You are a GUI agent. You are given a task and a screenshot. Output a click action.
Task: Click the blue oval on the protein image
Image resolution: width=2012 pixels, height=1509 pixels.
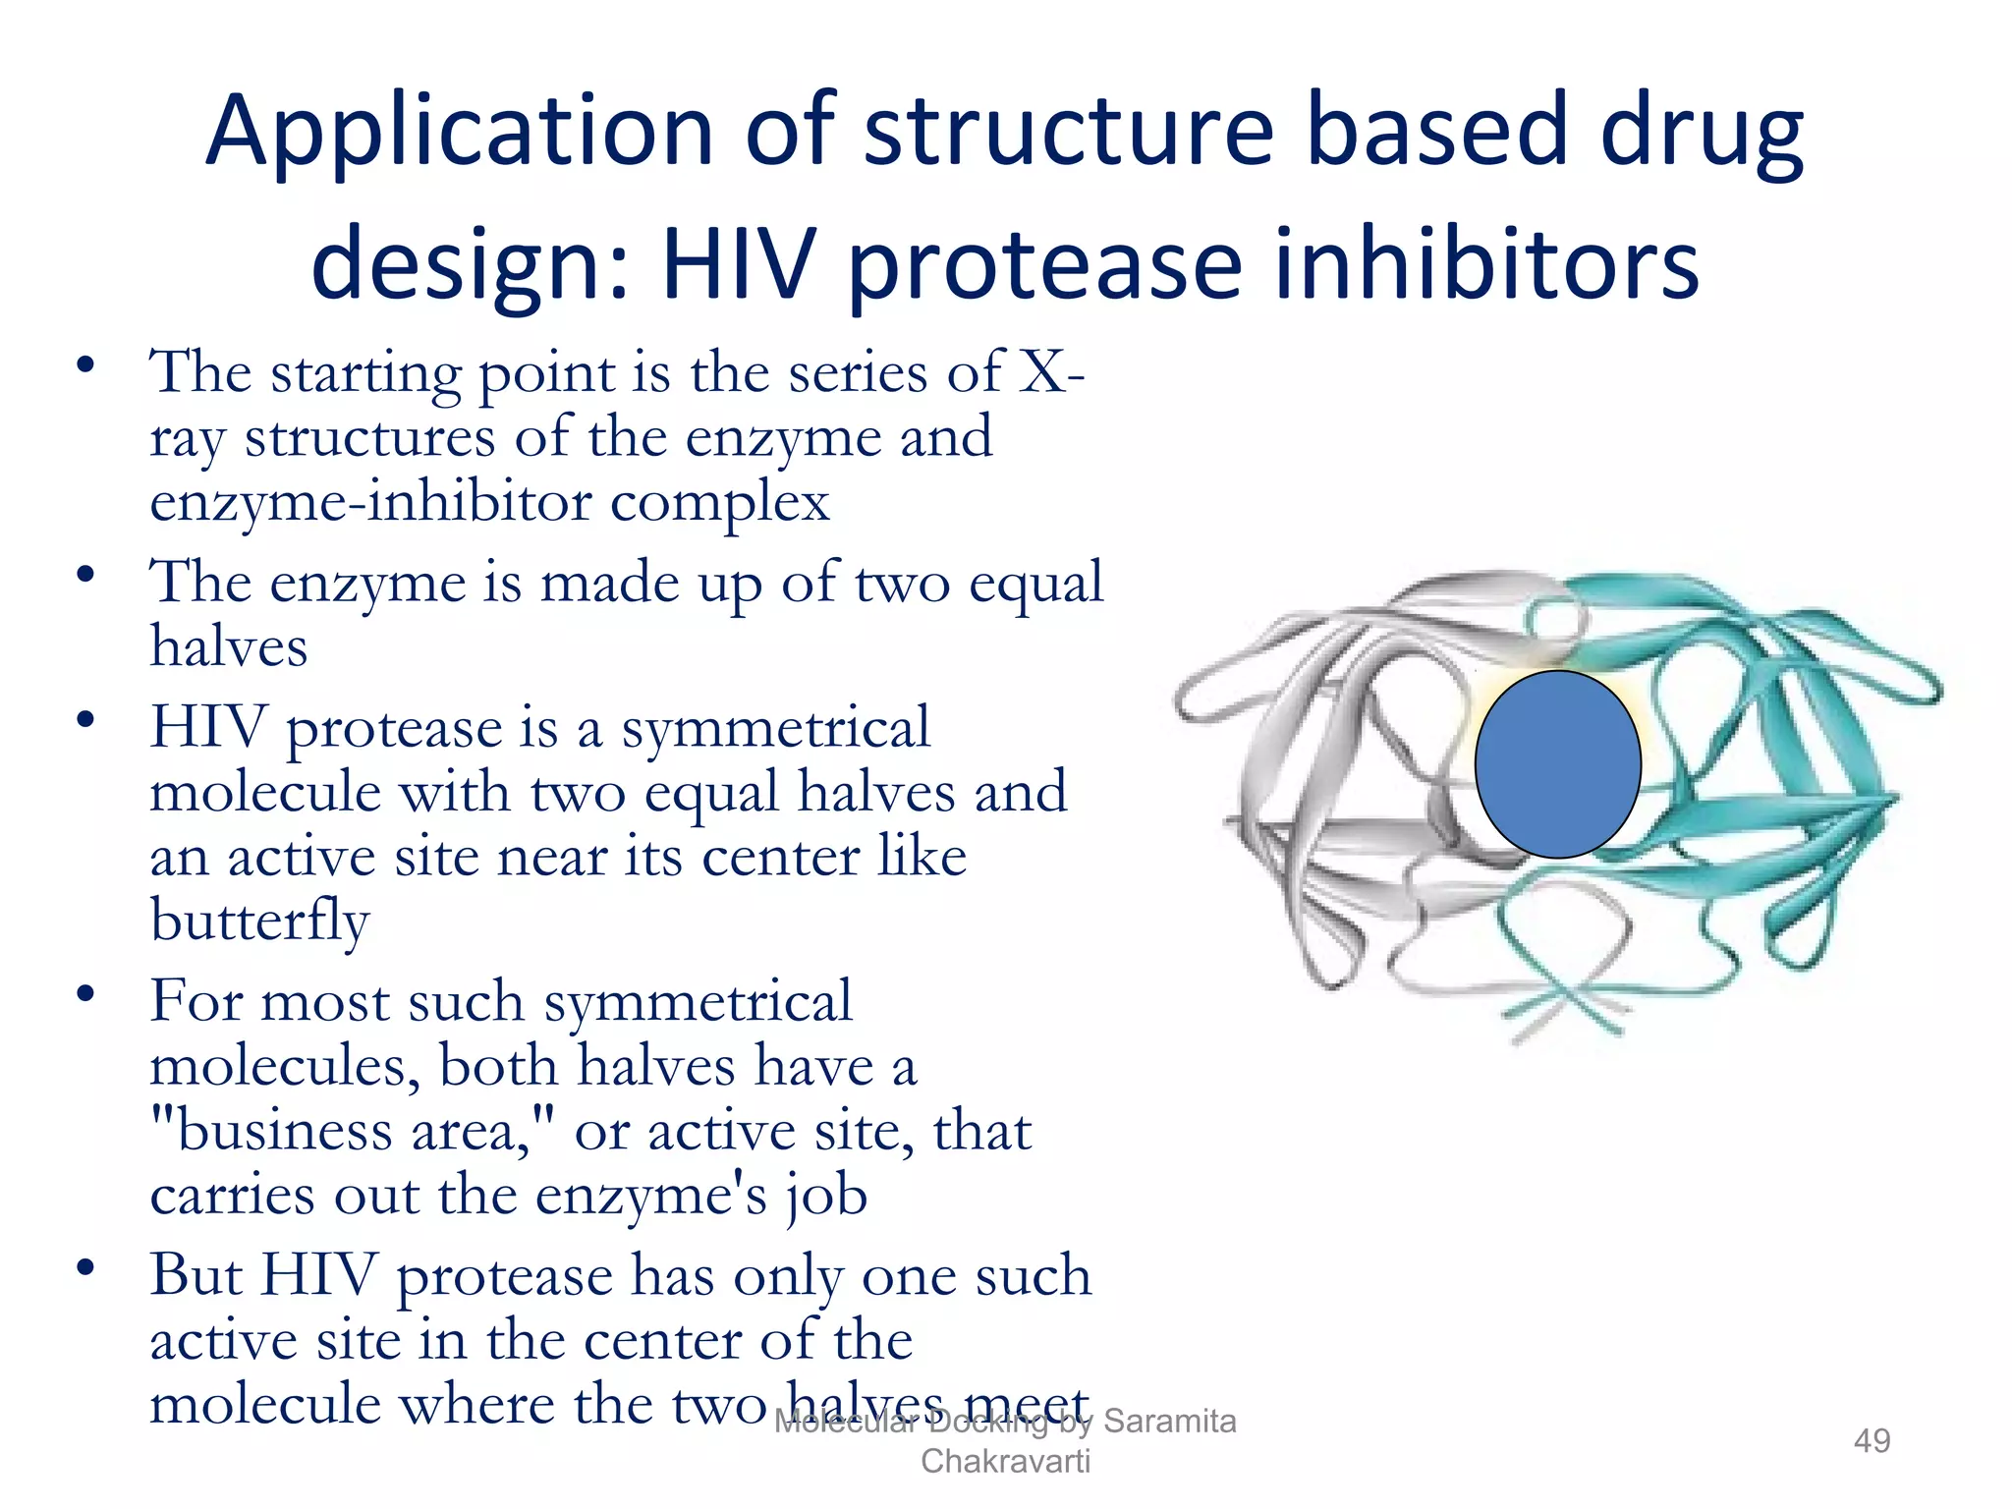pyautogui.click(x=1557, y=764)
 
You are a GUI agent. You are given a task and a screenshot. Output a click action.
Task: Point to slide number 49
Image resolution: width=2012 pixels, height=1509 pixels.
pyautogui.click(x=1872, y=1440)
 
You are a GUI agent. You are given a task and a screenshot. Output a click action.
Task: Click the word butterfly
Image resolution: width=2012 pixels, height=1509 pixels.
pyautogui.click(x=259, y=922)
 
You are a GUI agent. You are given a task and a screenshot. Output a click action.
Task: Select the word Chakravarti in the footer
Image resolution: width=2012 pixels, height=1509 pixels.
pyautogui.click(x=1005, y=1461)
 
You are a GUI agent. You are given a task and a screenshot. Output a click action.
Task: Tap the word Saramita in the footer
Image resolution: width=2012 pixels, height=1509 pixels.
pyautogui.click(x=1169, y=1421)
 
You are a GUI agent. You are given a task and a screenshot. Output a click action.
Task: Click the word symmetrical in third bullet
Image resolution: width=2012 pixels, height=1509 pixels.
pyautogui.click(x=775, y=728)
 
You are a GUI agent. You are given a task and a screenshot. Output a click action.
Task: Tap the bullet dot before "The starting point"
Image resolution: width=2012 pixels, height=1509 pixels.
pyautogui.click(x=86, y=365)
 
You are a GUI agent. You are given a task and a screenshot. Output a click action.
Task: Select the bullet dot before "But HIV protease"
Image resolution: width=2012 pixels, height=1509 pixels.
pyautogui.click(x=86, y=1268)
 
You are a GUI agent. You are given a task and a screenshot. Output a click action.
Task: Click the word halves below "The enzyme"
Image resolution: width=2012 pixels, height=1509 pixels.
pyautogui.click(x=229, y=647)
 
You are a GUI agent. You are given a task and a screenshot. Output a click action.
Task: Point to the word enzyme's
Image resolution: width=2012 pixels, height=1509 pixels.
pyautogui.click(x=651, y=1196)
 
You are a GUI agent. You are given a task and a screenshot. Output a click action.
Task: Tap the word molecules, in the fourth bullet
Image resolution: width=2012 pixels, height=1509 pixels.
pyautogui.click(x=285, y=1066)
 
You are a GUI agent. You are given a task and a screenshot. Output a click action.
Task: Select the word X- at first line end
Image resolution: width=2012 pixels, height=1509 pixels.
pyautogui.click(x=1051, y=372)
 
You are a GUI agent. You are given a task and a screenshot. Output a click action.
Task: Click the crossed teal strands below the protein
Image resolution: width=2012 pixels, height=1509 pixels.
pyautogui.click(x=1572, y=1007)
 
